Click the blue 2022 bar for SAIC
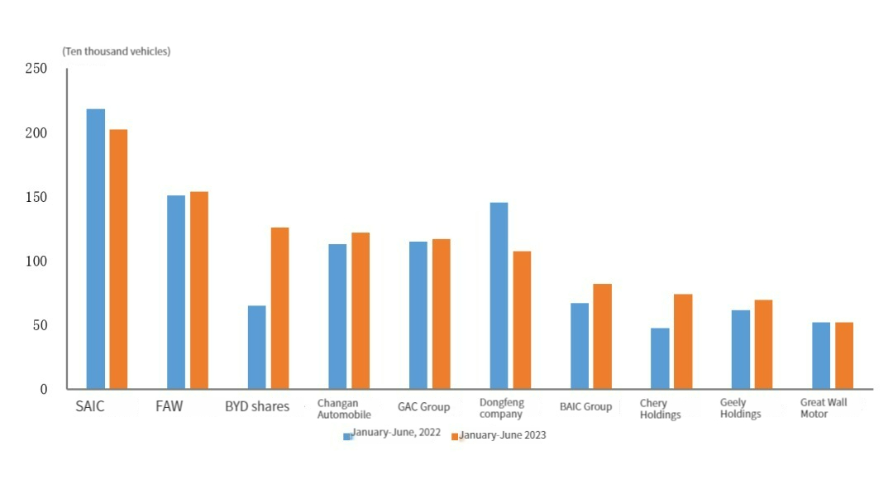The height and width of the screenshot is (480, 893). (96, 248)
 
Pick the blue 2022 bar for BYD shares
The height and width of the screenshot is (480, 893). (257, 347)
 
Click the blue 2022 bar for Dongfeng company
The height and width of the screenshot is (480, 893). (499, 295)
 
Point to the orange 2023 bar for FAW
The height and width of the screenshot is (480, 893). (198, 290)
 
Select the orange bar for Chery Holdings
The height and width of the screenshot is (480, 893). (682, 341)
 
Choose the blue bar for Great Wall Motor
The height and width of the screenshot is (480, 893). (821, 355)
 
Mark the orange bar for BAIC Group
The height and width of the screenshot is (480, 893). (602, 336)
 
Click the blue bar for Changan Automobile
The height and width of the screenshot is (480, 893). (337, 316)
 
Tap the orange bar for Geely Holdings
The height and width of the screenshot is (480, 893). (762, 343)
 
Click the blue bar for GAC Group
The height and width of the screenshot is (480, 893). (418, 314)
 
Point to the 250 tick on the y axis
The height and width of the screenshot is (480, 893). (36, 68)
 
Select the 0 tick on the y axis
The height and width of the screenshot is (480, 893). (44, 389)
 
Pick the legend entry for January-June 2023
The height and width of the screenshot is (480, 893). (499, 435)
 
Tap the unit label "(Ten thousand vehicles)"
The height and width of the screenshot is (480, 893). (117, 51)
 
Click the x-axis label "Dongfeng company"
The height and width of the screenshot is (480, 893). (501, 408)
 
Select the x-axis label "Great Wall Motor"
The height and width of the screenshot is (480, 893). (823, 408)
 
